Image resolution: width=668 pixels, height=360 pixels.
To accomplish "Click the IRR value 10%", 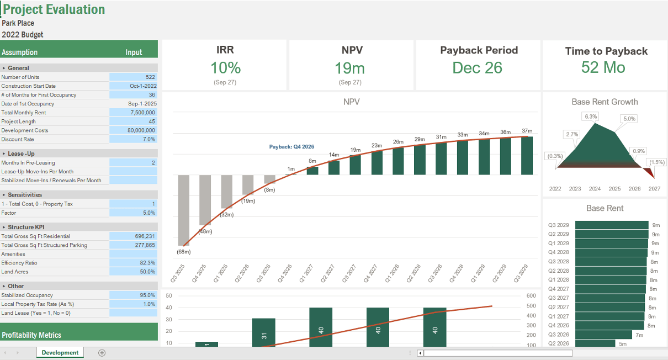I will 225,68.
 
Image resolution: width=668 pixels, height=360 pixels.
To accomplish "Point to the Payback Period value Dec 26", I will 477,68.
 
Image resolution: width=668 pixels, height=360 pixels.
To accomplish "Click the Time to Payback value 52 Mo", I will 603,68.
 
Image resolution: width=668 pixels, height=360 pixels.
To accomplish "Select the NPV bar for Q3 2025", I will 184,210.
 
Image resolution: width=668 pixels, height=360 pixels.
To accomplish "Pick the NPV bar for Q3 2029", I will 527,156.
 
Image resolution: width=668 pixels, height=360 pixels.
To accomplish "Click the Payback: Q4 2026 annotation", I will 291,147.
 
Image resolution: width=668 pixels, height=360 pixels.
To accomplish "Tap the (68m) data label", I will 184,252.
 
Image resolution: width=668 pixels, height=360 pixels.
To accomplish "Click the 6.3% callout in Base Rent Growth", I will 590,117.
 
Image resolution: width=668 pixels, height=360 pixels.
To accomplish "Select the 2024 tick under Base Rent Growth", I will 595,189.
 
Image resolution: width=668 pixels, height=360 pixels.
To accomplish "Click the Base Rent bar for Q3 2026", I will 603,335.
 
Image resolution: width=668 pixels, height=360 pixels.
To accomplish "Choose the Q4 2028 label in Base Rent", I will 558,252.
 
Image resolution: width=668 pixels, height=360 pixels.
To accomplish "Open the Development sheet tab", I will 60,353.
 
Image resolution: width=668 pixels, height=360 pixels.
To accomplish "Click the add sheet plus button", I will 102,353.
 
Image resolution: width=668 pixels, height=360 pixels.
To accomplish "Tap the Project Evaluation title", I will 54,9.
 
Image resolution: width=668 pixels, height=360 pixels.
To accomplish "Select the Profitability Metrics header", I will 31,335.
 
